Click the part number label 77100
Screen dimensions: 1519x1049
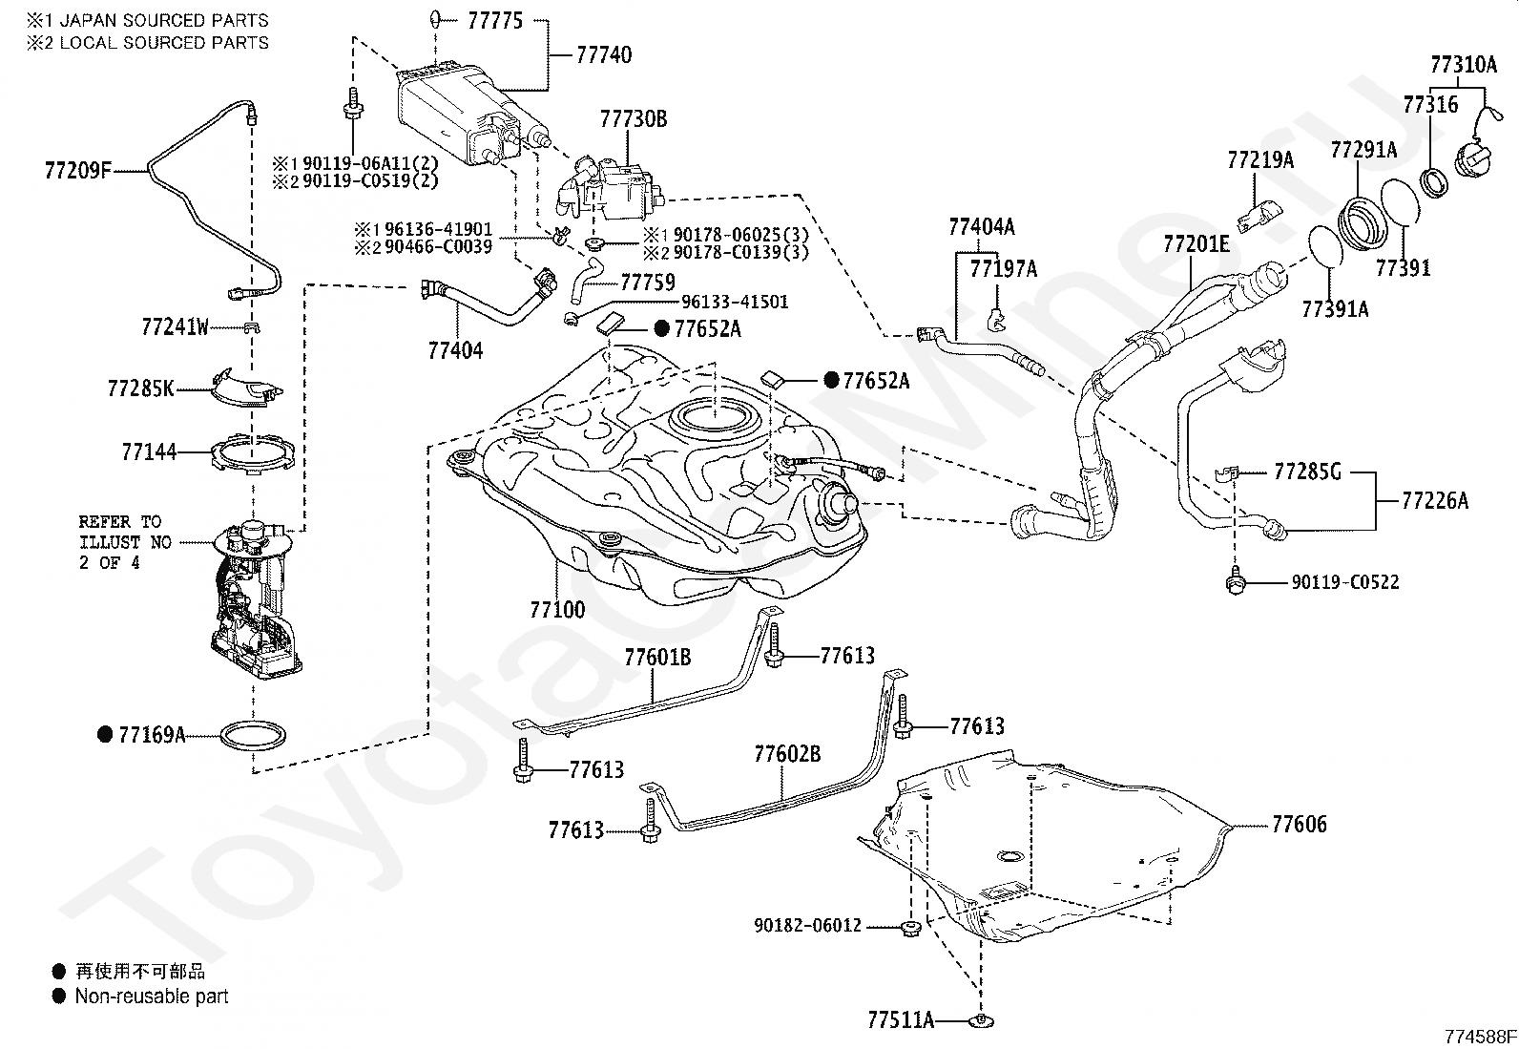[557, 609]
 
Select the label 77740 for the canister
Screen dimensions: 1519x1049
[604, 54]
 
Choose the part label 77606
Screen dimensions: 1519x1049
[1300, 824]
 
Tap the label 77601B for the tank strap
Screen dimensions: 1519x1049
[657, 657]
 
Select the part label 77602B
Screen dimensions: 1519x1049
[787, 753]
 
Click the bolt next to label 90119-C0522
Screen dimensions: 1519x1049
[1236, 581]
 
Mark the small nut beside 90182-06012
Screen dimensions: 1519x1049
[910, 928]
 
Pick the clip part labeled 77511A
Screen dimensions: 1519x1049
[981, 1019]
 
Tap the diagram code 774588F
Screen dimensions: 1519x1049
[1480, 1036]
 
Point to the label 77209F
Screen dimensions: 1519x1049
[78, 170]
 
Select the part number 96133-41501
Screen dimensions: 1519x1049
[735, 302]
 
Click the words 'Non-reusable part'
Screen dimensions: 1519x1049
[151, 997]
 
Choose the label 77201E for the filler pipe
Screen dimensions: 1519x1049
[1196, 242]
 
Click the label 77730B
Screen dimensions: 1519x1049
[634, 118]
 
